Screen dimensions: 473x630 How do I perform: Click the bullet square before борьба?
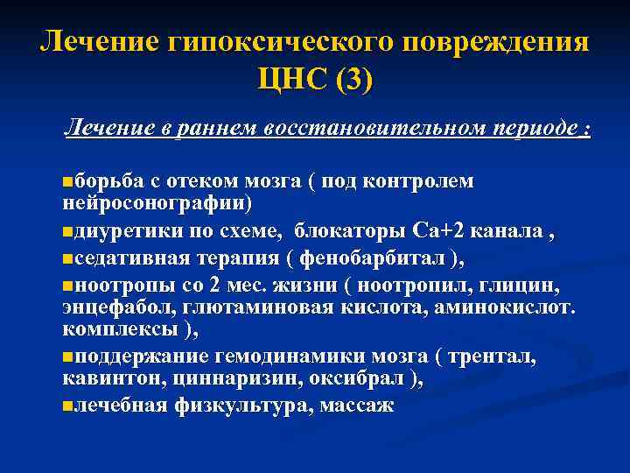pyautogui.click(x=68, y=182)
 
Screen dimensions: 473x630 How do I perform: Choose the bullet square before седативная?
pyautogui.click(x=68, y=259)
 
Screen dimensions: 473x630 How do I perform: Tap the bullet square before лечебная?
pyautogui.click(x=68, y=406)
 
